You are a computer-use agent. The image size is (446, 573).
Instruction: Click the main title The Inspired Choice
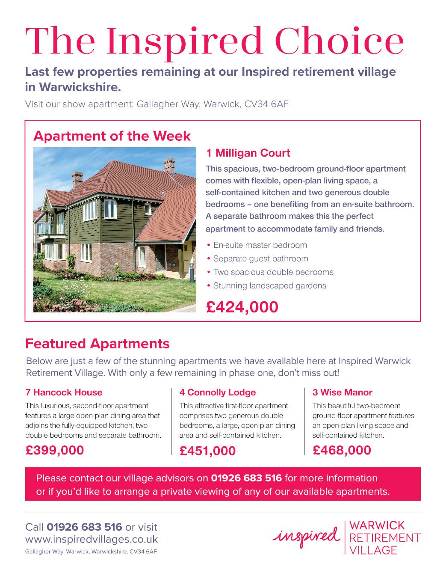(214, 41)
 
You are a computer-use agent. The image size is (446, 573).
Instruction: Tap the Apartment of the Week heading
(112, 136)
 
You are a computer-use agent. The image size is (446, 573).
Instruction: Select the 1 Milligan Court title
(248, 153)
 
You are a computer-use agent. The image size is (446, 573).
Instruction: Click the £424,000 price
(242, 307)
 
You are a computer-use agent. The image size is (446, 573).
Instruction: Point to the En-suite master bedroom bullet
(260, 245)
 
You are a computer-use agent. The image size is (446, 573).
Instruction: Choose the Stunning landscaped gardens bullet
(269, 286)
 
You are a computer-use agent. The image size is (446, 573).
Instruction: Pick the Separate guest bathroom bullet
(260, 259)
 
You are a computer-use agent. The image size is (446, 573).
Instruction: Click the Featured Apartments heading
(97, 344)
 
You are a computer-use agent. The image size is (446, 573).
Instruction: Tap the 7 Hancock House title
(64, 392)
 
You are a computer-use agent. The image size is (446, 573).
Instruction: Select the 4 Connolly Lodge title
(218, 392)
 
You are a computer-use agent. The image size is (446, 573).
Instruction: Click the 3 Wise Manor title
(343, 392)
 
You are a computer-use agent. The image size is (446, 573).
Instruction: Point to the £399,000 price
(55, 450)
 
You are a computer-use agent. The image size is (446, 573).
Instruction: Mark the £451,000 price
(208, 451)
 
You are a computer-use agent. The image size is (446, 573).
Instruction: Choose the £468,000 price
(342, 450)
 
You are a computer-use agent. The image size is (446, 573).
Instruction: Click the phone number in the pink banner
(246, 478)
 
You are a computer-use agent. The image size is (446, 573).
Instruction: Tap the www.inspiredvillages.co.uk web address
(92, 540)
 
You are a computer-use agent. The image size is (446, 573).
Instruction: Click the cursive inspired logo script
(307, 536)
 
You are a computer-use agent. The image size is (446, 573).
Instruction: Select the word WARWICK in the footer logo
(377, 525)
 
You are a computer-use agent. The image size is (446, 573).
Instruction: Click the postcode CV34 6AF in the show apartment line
(266, 104)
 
